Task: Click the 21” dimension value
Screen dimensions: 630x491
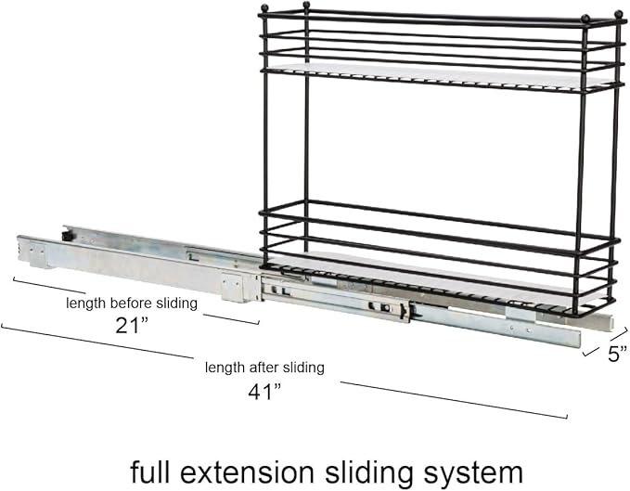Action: pyautogui.click(x=132, y=326)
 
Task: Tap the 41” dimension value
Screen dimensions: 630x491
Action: pyautogui.click(x=264, y=392)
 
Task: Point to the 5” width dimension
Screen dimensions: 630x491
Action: pyautogui.click(x=617, y=354)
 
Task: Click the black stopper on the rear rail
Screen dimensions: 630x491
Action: pyautogui.click(x=68, y=236)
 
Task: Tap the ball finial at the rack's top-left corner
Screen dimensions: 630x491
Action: pyautogui.click(x=264, y=7)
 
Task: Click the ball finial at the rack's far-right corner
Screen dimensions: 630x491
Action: pyautogui.click(x=618, y=15)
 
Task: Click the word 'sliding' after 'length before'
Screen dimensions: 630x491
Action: pyautogui.click(x=177, y=304)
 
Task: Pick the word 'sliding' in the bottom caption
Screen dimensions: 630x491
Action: pyautogui.click(x=369, y=473)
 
